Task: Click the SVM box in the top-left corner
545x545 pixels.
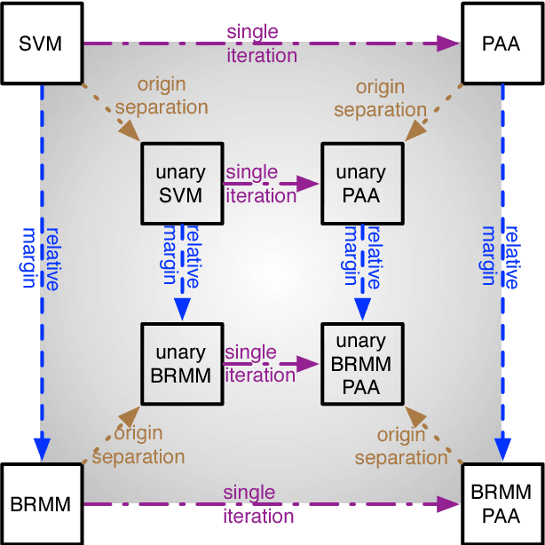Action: [41, 43]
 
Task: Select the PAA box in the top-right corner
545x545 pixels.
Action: [503, 43]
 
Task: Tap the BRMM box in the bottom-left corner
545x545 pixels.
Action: [41, 503]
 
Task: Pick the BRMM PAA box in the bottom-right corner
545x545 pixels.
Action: [503, 502]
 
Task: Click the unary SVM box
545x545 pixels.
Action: [181, 183]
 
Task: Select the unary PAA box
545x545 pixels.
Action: [361, 183]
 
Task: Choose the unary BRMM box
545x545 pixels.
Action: [181, 364]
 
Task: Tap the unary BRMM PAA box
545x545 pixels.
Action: [361, 364]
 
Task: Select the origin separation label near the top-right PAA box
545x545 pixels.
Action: [380, 99]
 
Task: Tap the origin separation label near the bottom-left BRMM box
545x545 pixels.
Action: [138, 446]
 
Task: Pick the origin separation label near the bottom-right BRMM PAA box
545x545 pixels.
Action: [399, 446]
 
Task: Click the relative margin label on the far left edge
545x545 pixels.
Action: [43, 257]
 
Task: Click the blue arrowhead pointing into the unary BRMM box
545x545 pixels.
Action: [181, 308]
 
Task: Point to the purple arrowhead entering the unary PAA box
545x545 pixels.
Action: [308, 184]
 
